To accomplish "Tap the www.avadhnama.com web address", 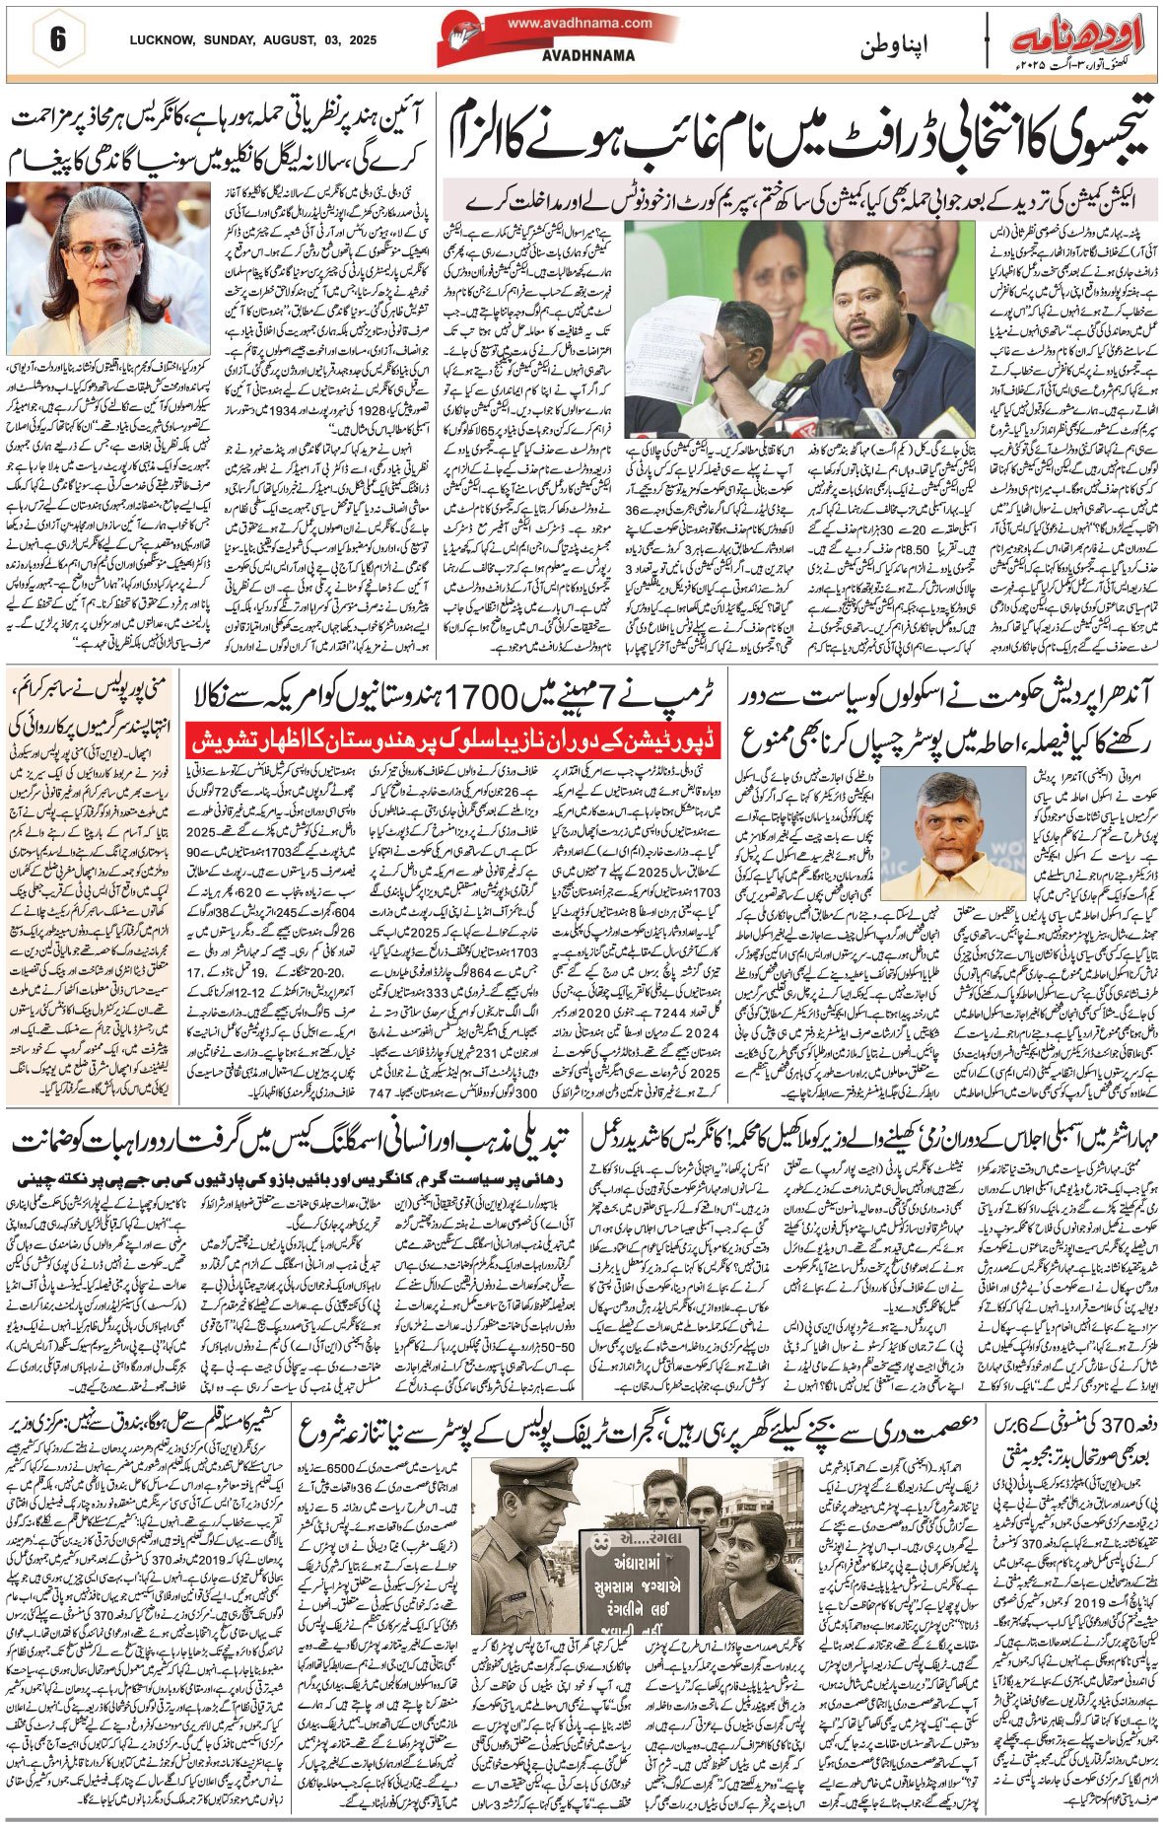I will click(581, 24).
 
